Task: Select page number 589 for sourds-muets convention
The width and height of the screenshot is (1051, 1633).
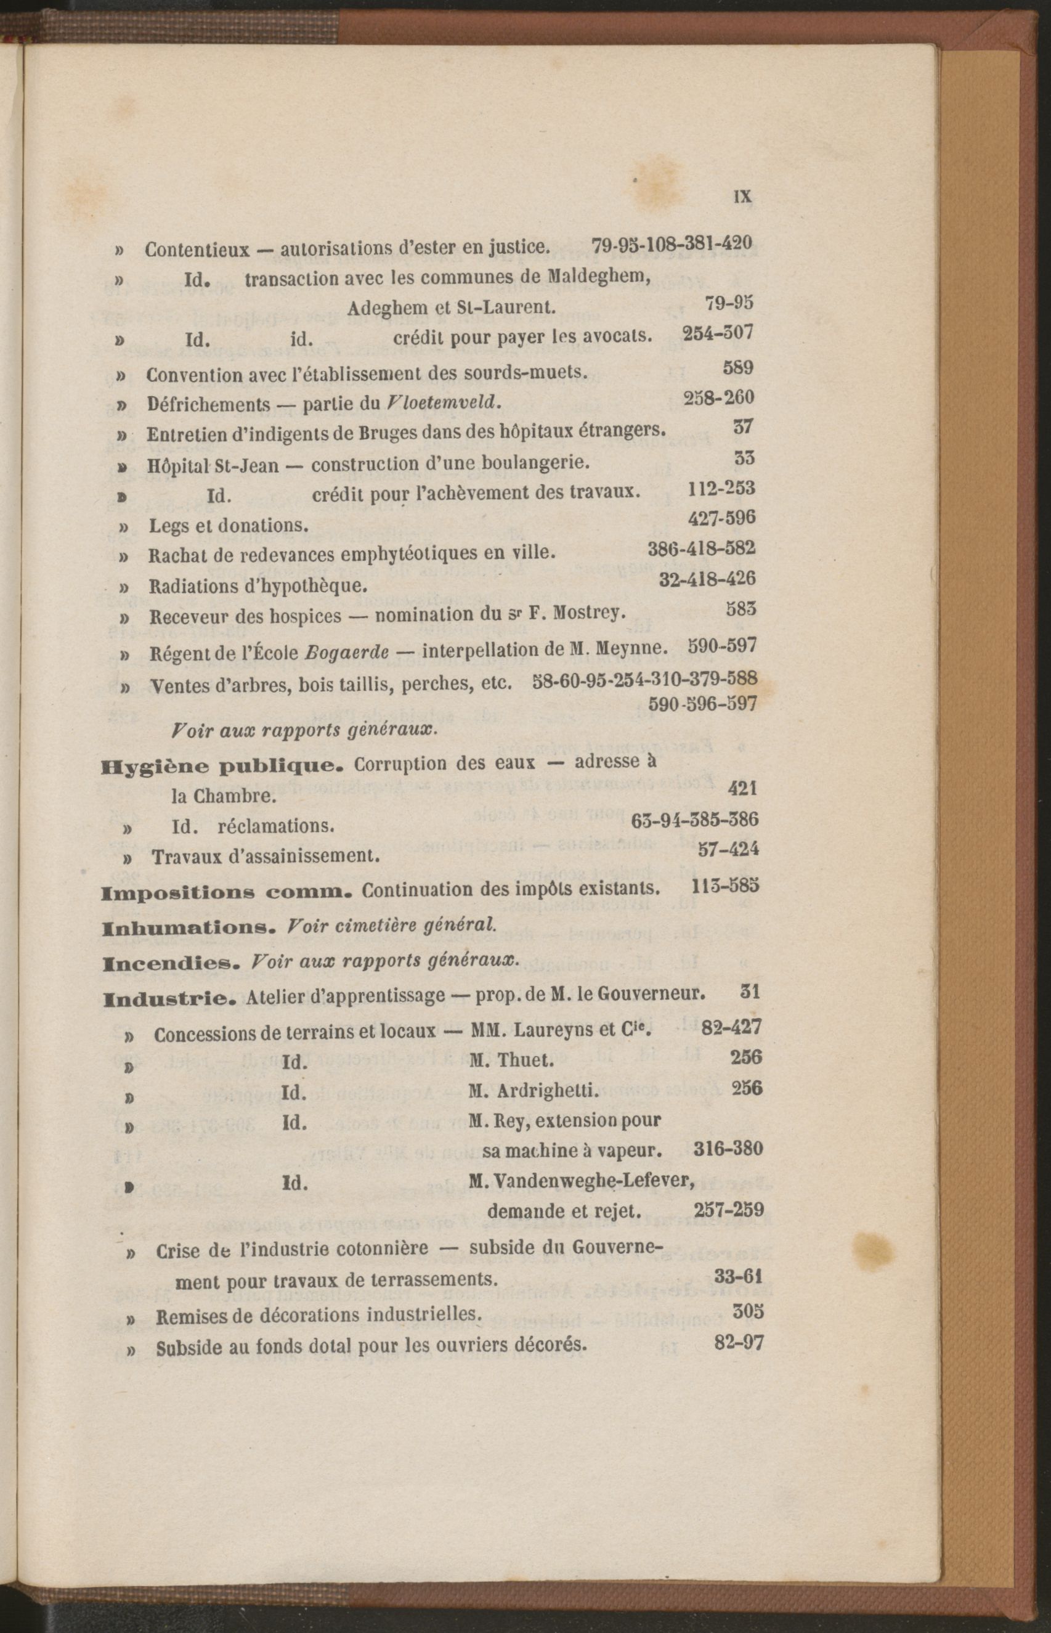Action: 738,369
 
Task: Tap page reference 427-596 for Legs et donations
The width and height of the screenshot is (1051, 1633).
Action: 721,518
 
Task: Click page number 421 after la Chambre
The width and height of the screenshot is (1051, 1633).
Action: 742,789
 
